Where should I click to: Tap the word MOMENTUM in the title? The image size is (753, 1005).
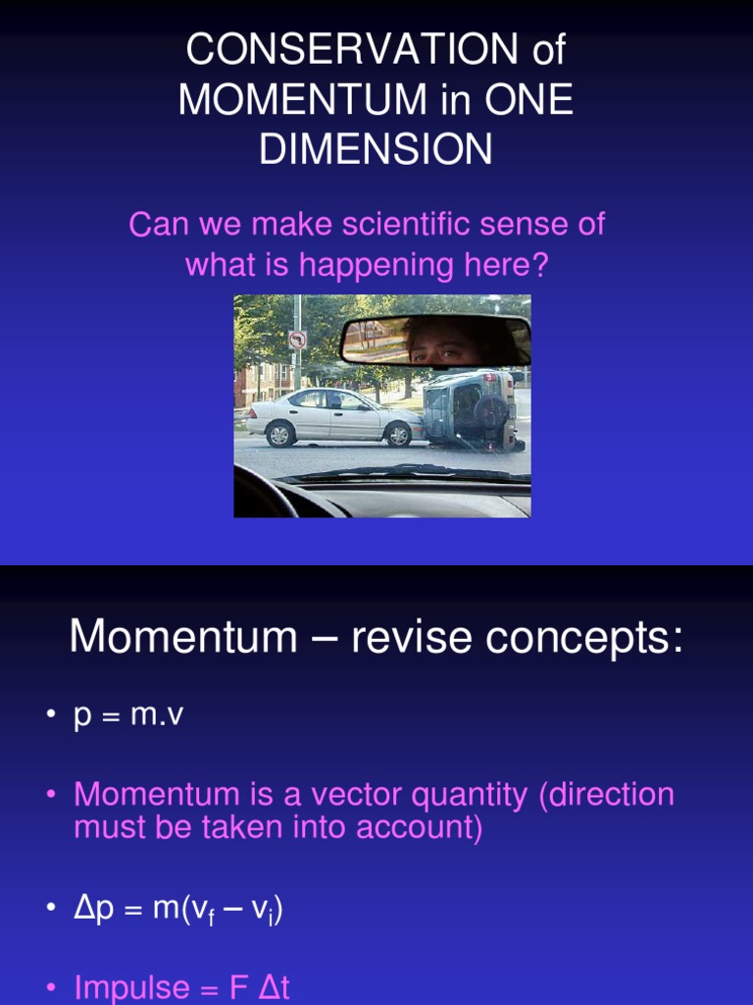(302, 99)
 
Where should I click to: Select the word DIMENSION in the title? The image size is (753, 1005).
(376, 149)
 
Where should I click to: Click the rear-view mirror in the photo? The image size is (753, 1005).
(436, 341)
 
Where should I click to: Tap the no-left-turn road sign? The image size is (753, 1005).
(297, 340)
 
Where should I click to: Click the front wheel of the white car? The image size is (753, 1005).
(398, 435)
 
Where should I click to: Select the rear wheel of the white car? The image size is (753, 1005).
(279, 435)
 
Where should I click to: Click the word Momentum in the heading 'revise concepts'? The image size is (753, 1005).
(183, 636)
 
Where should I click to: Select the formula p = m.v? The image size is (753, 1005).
(128, 714)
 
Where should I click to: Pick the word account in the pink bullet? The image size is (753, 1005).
(419, 826)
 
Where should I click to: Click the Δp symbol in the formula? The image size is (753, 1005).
(93, 909)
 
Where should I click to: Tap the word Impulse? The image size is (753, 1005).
(131, 988)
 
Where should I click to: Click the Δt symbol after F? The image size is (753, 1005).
(275, 987)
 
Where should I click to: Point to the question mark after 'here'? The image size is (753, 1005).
(539, 264)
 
